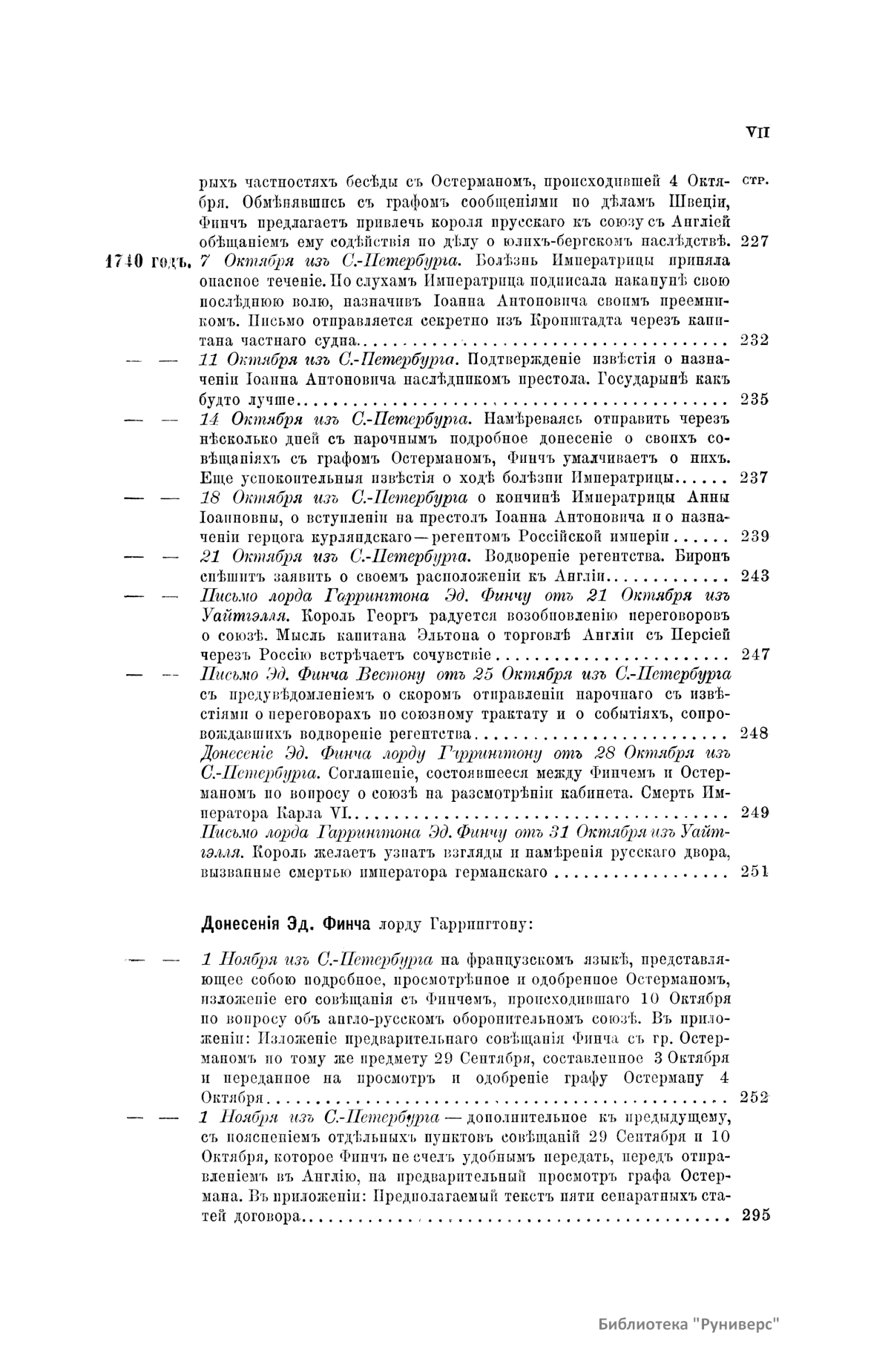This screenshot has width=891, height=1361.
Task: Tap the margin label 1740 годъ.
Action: [x=148, y=261]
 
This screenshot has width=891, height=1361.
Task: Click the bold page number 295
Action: [x=755, y=1215]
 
